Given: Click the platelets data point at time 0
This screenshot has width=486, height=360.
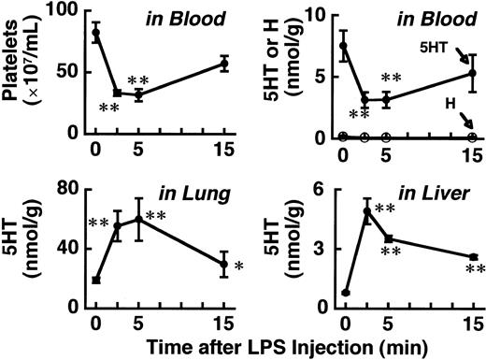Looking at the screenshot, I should click(95, 33).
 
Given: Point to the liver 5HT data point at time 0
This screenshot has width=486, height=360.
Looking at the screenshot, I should click(346, 293).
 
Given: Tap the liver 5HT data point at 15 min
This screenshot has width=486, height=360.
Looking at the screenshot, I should click(474, 257).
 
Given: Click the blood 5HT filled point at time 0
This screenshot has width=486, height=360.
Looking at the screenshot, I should click(344, 45).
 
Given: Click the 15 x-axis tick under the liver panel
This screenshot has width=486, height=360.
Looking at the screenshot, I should click(474, 323).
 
